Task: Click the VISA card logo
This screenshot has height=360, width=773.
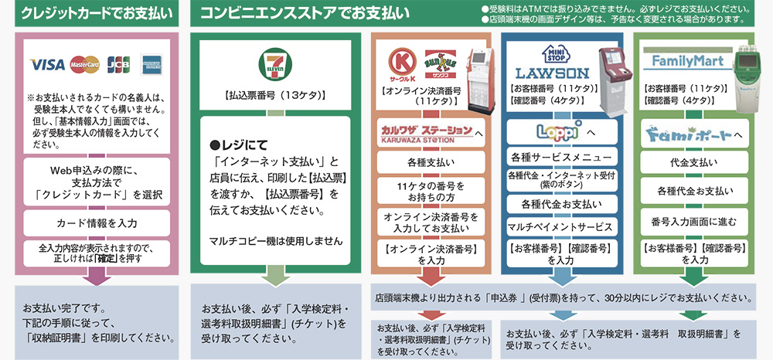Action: point(46,65)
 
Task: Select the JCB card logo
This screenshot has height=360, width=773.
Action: point(117,65)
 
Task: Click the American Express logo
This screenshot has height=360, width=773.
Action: point(152,65)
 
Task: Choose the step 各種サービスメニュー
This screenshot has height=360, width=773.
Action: point(561,158)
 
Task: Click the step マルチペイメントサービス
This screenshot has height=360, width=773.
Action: point(561,226)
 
